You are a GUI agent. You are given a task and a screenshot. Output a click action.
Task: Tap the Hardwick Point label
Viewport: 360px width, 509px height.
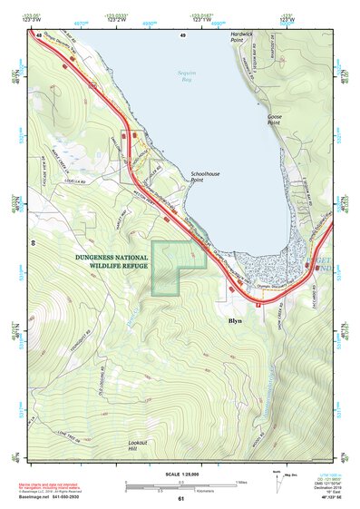[x=241, y=37]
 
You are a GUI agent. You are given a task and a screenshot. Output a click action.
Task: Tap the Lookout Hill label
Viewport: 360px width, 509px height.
[x=137, y=445]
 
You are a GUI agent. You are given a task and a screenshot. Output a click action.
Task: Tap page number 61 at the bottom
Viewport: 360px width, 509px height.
[x=181, y=498]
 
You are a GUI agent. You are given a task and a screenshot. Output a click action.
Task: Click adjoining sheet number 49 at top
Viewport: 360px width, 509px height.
[x=182, y=34]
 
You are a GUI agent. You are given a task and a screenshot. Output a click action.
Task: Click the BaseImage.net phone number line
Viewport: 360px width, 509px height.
[x=55, y=497]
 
